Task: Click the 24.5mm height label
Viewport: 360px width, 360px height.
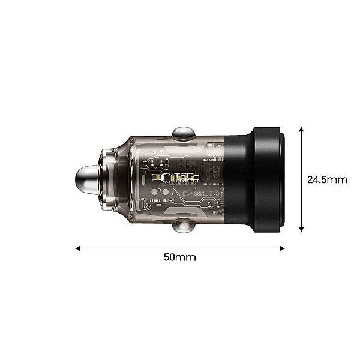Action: pyautogui.click(x=327, y=179)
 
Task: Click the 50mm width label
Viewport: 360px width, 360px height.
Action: pyautogui.click(x=180, y=257)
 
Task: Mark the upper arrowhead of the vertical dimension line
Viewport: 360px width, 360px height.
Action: pyautogui.click(x=301, y=129)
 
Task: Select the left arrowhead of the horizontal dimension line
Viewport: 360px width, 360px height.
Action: pyautogui.click(x=78, y=247)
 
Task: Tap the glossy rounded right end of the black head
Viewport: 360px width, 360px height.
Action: pyautogui.click(x=282, y=179)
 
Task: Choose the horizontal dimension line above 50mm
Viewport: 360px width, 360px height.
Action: pyautogui.click(x=180, y=247)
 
